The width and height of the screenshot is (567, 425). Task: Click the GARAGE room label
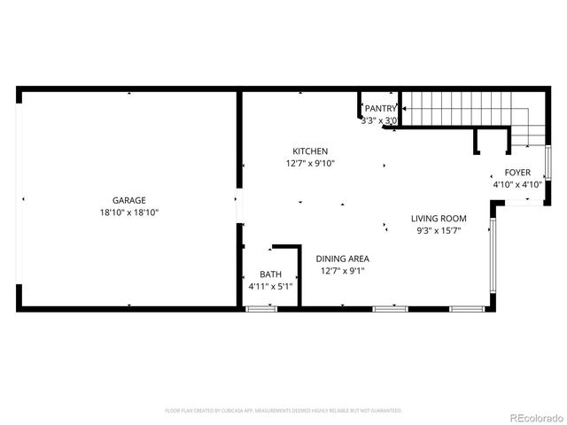tap(128, 200)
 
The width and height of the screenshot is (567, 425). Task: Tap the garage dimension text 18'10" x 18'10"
tap(128, 212)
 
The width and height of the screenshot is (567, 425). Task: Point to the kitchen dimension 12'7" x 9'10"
tap(310, 164)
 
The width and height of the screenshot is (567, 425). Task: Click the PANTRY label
tap(381, 108)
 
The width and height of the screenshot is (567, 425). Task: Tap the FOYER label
tap(517, 173)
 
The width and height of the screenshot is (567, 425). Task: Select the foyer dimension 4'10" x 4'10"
tap(517, 185)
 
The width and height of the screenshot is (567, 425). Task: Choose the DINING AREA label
tap(343, 259)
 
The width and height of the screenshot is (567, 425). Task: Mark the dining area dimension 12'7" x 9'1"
tap(343, 271)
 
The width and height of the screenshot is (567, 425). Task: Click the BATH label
tap(269, 274)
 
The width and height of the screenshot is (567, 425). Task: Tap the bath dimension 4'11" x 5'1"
tap(269, 287)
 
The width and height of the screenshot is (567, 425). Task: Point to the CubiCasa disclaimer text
tap(283, 411)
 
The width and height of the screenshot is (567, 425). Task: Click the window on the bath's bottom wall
tap(260, 308)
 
